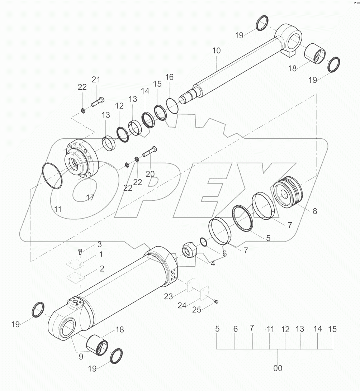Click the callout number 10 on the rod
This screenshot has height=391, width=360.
(x=216, y=51)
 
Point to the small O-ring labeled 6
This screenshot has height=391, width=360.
(x=203, y=242)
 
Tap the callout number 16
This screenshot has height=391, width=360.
(x=169, y=77)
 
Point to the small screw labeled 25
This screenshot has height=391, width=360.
(x=216, y=302)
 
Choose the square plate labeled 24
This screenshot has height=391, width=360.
(x=204, y=292)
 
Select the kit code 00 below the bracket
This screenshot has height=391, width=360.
(x=278, y=368)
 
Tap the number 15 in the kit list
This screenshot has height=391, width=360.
(x=332, y=329)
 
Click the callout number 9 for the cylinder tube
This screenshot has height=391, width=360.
(x=81, y=357)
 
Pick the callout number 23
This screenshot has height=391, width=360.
(x=169, y=296)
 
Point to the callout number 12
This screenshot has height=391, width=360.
(x=119, y=106)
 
